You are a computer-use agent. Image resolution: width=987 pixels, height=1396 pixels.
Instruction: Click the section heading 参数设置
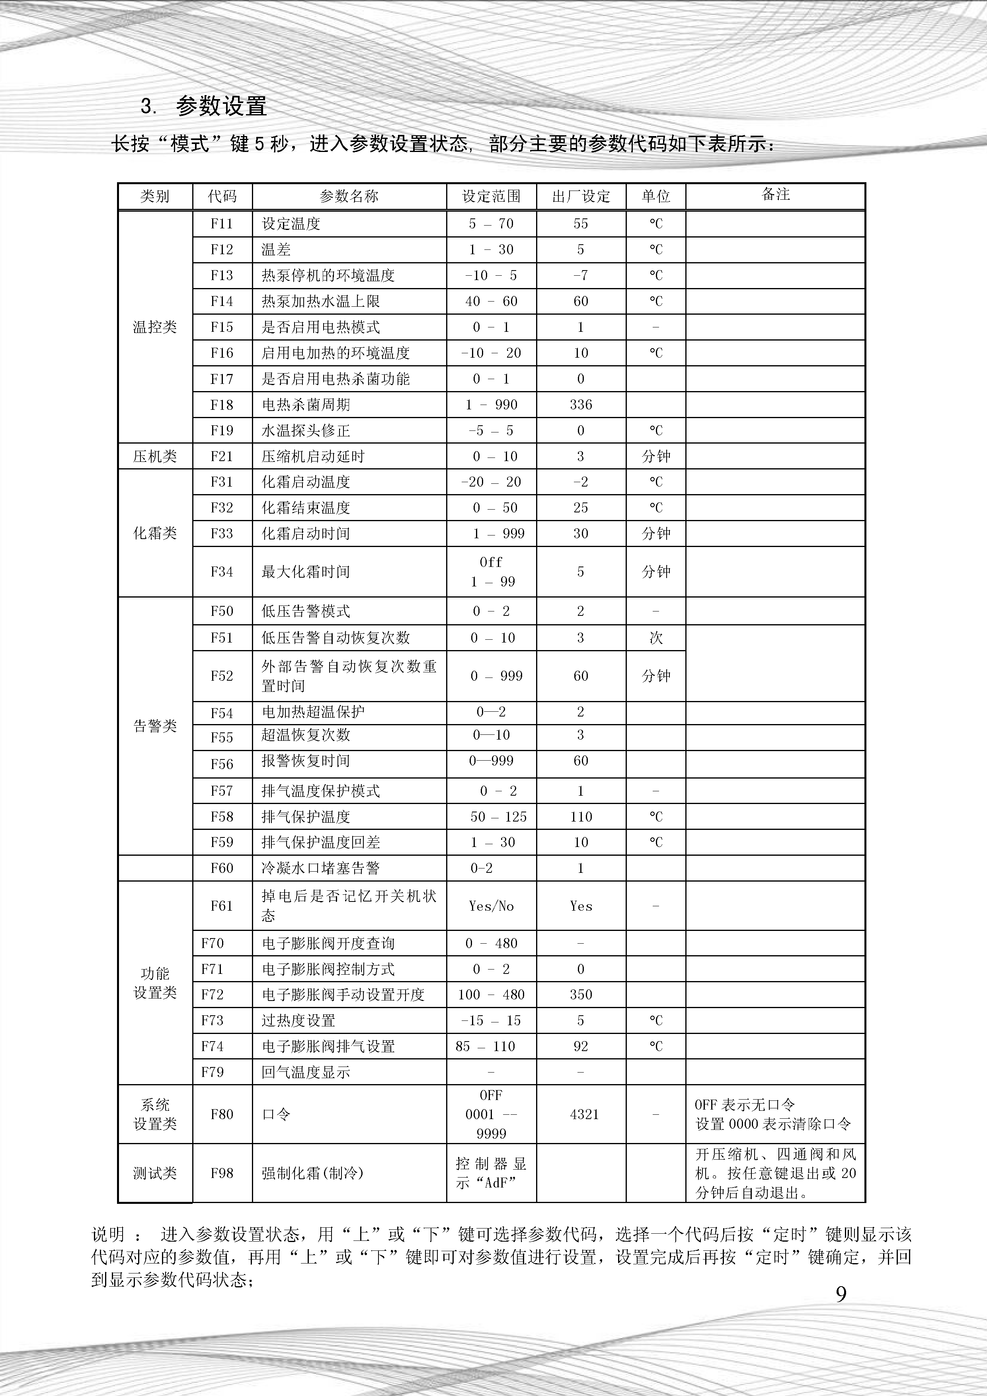click(221, 107)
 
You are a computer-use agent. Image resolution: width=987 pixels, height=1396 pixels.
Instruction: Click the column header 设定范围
click(492, 197)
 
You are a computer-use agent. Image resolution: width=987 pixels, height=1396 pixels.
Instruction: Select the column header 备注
click(775, 195)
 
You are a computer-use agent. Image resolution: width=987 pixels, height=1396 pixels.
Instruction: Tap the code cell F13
click(222, 275)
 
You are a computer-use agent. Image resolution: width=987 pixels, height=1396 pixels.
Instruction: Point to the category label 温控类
click(155, 327)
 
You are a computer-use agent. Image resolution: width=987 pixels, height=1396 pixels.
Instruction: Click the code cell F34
click(222, 572)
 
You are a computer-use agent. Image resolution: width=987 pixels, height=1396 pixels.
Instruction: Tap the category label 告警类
click(155, 726)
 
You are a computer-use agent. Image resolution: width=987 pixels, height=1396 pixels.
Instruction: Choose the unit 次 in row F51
click(655, 638)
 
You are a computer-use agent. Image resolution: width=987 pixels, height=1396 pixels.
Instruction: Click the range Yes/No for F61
click(492, 906)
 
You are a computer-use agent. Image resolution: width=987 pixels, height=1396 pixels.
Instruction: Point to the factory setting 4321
click(584, 1114)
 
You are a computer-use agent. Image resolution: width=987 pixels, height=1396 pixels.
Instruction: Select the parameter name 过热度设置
click(298, 1021)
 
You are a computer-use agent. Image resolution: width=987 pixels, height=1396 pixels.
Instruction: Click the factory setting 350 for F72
click(581, 995)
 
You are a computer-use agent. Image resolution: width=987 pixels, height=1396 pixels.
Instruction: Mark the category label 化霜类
click(155, 533)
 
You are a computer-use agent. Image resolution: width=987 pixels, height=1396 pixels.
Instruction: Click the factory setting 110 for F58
click(581, 817)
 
